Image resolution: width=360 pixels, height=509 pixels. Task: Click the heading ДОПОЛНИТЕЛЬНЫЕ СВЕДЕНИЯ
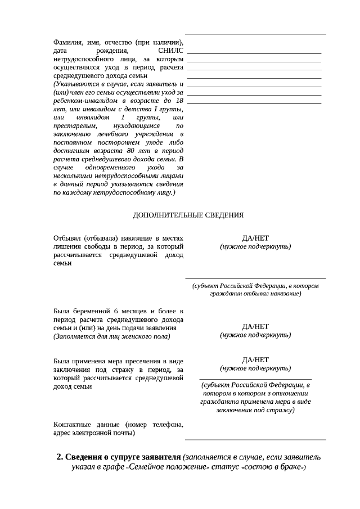pyautogui.click(x=188, y=215)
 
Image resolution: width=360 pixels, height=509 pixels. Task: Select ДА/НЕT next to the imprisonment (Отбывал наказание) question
pyautogui.click(x=255, y=238)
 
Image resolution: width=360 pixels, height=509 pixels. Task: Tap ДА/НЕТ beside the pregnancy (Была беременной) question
pyautogui.click(x=255, y=327)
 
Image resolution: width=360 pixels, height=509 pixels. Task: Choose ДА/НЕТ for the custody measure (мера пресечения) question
pyautogui.click(x=255, y=360)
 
